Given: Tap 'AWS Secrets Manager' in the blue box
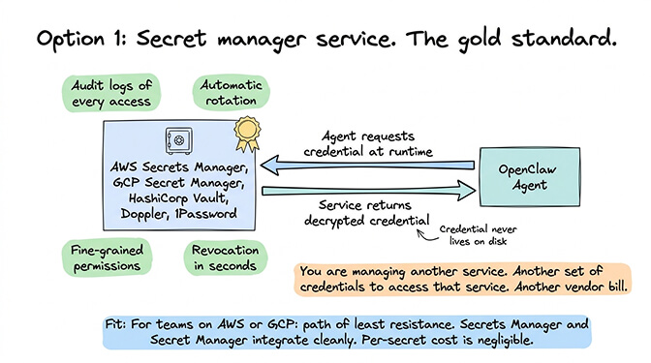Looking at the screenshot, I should coord(178,164).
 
